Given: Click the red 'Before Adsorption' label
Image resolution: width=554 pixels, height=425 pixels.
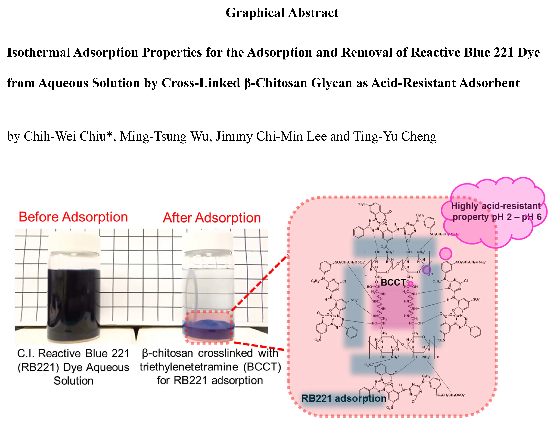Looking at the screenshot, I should [x=73, y=217].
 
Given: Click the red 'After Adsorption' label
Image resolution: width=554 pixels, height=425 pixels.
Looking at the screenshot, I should [x=212, y=218].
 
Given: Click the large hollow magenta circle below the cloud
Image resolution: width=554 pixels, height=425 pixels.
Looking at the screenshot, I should [x=445, y=253].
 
